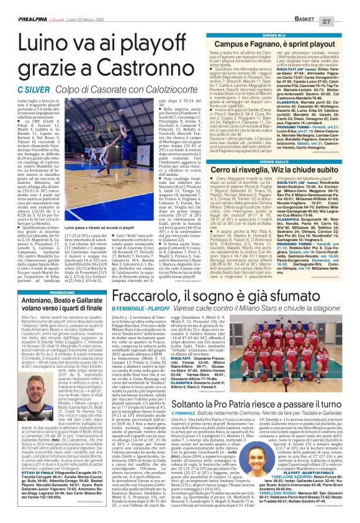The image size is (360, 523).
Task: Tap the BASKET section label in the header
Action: click(317, 6)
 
